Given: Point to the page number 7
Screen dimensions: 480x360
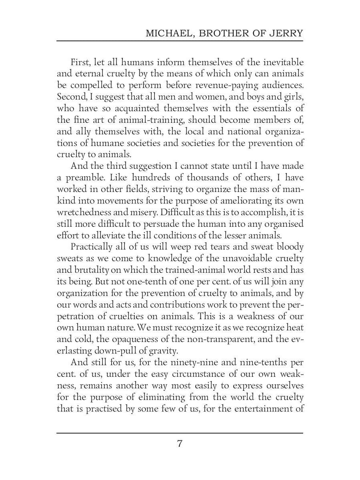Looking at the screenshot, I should [x=180, y=444].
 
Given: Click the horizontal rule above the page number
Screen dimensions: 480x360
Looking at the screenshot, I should [x=180, y=433].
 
